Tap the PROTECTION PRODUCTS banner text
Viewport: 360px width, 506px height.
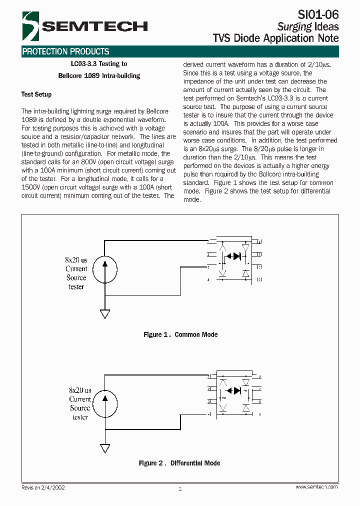65,51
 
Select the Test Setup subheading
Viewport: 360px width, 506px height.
36,94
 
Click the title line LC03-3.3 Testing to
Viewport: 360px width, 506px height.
99,64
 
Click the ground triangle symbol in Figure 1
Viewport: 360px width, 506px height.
104,314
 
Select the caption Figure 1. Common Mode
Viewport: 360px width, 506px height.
180,335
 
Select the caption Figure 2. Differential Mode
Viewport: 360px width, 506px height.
179,463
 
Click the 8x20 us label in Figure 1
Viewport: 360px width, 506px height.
76,260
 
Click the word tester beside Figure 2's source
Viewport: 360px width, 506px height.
80,417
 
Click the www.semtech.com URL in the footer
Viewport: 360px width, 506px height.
316,487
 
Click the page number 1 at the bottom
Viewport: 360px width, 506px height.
180,489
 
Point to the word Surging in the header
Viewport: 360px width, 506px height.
294,26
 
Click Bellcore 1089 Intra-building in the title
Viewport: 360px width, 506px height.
99,76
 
